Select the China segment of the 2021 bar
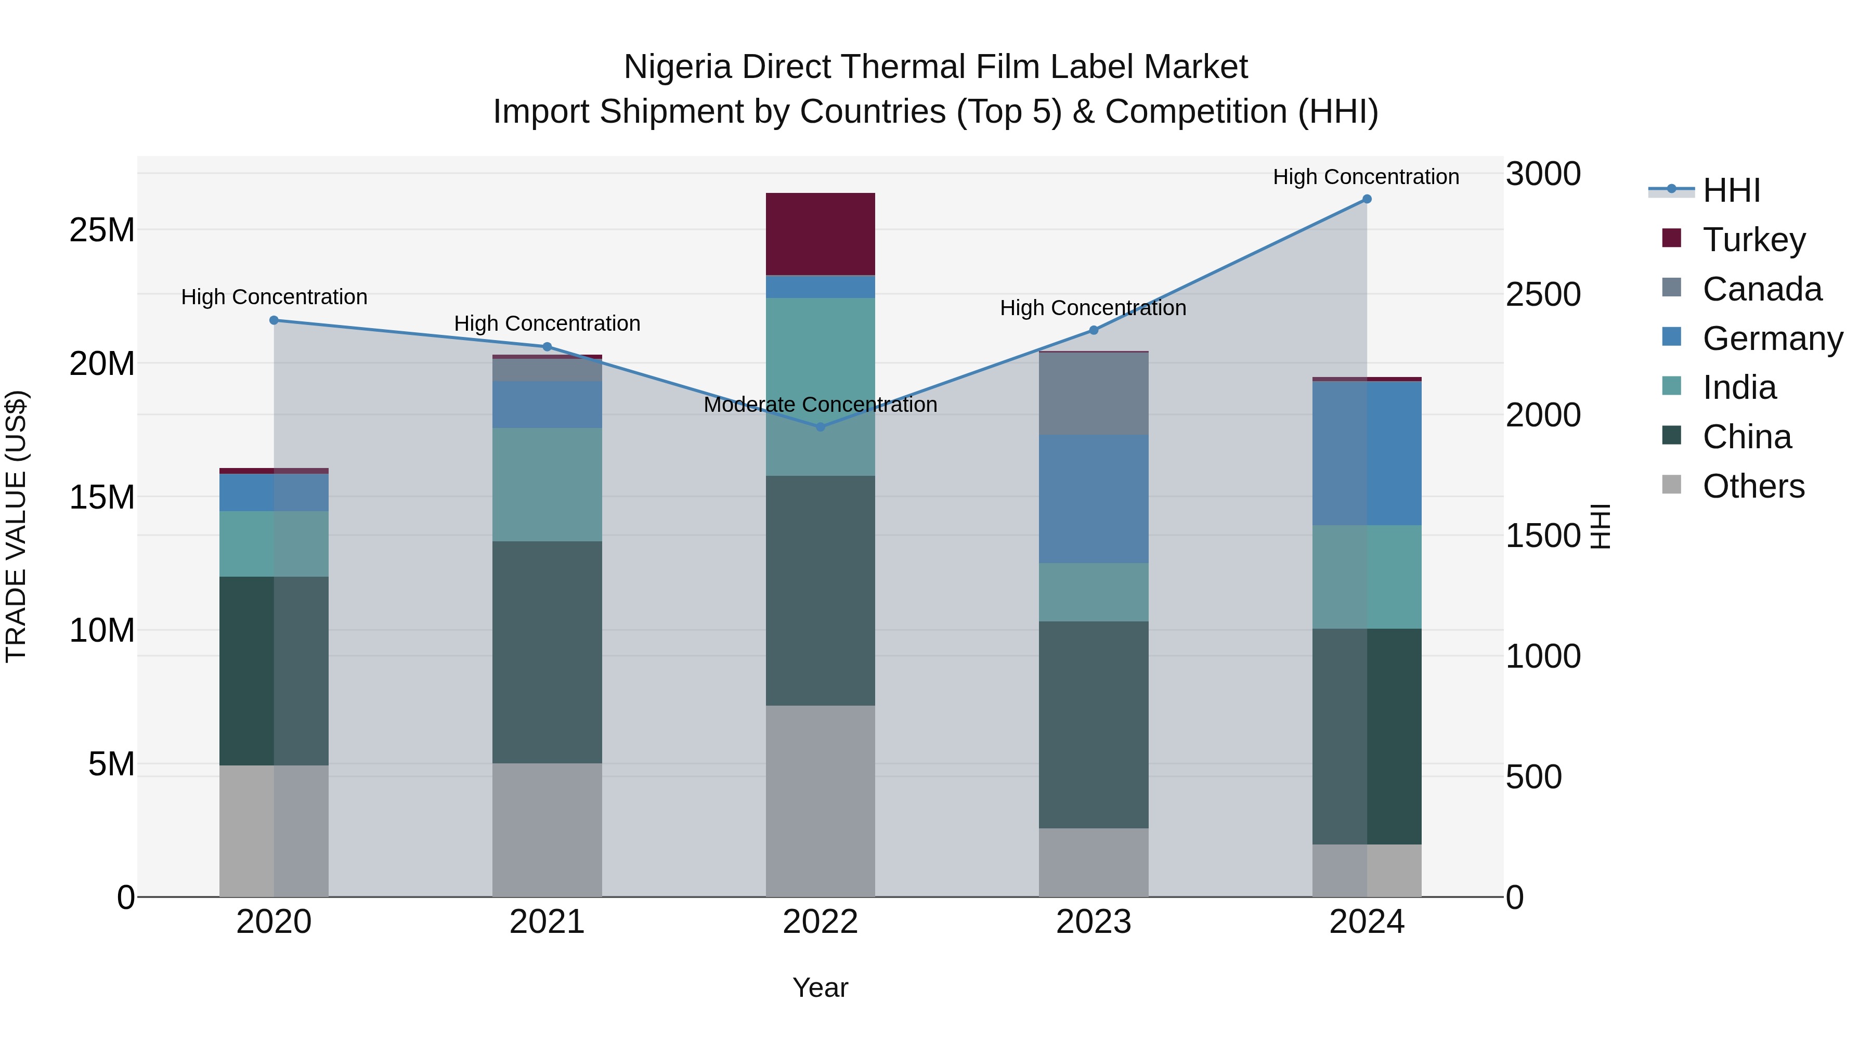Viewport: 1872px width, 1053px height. (547, 652)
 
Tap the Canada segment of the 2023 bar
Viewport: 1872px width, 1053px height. (1093, 393)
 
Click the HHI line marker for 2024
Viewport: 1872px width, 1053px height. (1366, 199)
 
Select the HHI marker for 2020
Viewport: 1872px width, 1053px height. (274, 320)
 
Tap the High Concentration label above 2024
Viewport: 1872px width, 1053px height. (1366, 177)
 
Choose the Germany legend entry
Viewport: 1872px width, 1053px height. (1772, 339)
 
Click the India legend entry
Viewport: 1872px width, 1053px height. (1739, 388)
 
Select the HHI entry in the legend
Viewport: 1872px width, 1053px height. (1731, 190)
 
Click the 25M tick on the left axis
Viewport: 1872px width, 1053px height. (102, 230)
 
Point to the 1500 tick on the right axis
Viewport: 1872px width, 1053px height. (1542, 536)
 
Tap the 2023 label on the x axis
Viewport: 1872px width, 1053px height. (1093, 922)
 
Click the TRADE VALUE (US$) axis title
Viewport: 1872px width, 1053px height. (17, 526)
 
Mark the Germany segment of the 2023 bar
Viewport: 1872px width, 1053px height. (1093, 499)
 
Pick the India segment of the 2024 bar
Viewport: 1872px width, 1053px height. (1366, 577)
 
